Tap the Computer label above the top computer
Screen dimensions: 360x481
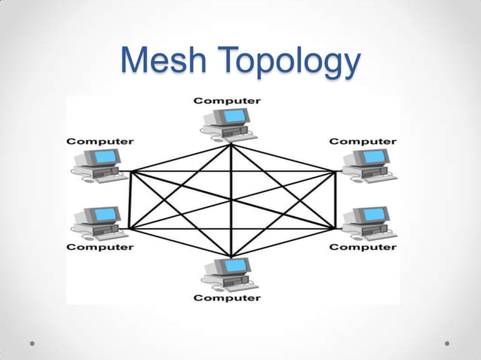point(228,100)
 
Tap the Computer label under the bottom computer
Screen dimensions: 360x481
point(228,297)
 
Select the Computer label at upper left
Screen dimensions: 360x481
point(100,141)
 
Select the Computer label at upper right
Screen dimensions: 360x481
point(363,141)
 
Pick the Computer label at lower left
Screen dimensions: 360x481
point(100,246)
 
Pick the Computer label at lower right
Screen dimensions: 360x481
point(363,246)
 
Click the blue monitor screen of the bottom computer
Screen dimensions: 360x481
point(236,265)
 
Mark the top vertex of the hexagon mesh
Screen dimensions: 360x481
point(231,145)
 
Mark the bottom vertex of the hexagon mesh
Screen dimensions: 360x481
point(231,256)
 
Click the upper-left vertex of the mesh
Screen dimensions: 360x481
point(131,172)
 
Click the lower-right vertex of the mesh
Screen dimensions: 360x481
point(334,227)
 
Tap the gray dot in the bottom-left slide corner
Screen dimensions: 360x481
point(32,343)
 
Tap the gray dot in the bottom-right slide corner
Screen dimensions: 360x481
point(447,343)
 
